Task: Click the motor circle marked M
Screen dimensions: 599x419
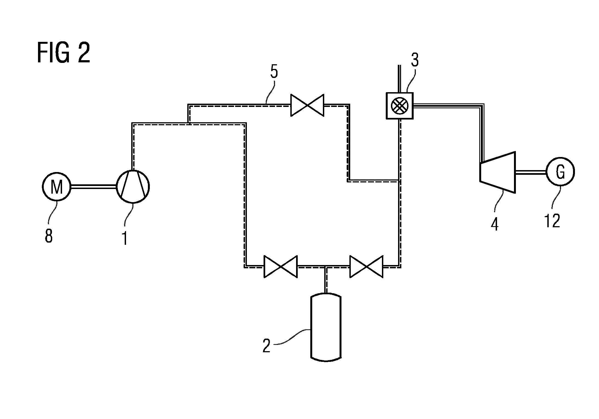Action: coord(57,187)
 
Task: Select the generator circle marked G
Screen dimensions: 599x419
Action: coord(560,172)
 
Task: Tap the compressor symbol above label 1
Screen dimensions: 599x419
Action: coord(133,187)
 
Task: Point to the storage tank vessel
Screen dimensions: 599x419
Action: coord(326,327)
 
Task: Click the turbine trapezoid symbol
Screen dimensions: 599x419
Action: coord(498,172)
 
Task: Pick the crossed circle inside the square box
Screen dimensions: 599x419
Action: coord(399,106)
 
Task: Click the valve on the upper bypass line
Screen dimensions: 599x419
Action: coord(307,105)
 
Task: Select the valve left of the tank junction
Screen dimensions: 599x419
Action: coord(280,267)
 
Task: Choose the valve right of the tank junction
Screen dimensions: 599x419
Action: coord(366,267)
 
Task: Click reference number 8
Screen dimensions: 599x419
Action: coord(49,236)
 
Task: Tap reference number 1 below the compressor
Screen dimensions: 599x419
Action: coord(125,238)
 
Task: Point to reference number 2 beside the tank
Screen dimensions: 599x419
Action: coord(267,346)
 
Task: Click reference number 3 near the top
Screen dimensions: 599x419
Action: coord(415,60)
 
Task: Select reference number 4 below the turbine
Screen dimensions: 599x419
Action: coord(495,224)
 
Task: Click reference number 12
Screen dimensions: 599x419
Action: coord(552,221)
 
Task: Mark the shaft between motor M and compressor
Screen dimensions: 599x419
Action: coord(94,187)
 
